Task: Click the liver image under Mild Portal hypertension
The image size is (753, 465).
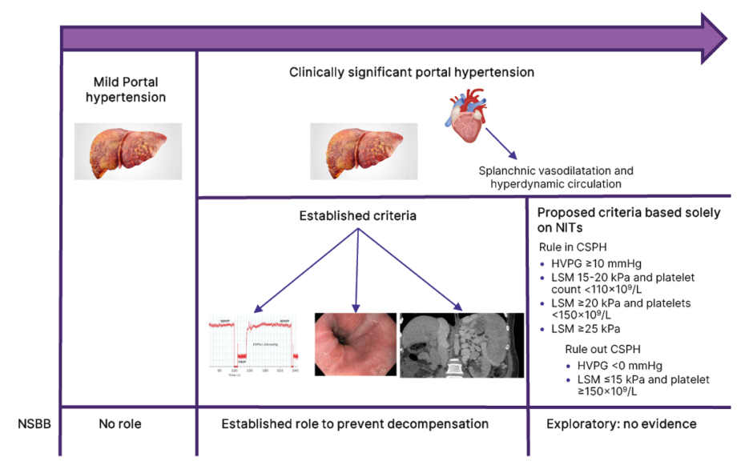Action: point(128,150)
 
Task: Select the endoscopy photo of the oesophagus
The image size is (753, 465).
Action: point(355,345)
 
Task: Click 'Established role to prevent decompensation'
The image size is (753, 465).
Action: point(355,423)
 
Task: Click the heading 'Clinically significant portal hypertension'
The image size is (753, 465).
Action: point(412,73)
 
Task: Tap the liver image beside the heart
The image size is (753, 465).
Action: point(364,150)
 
